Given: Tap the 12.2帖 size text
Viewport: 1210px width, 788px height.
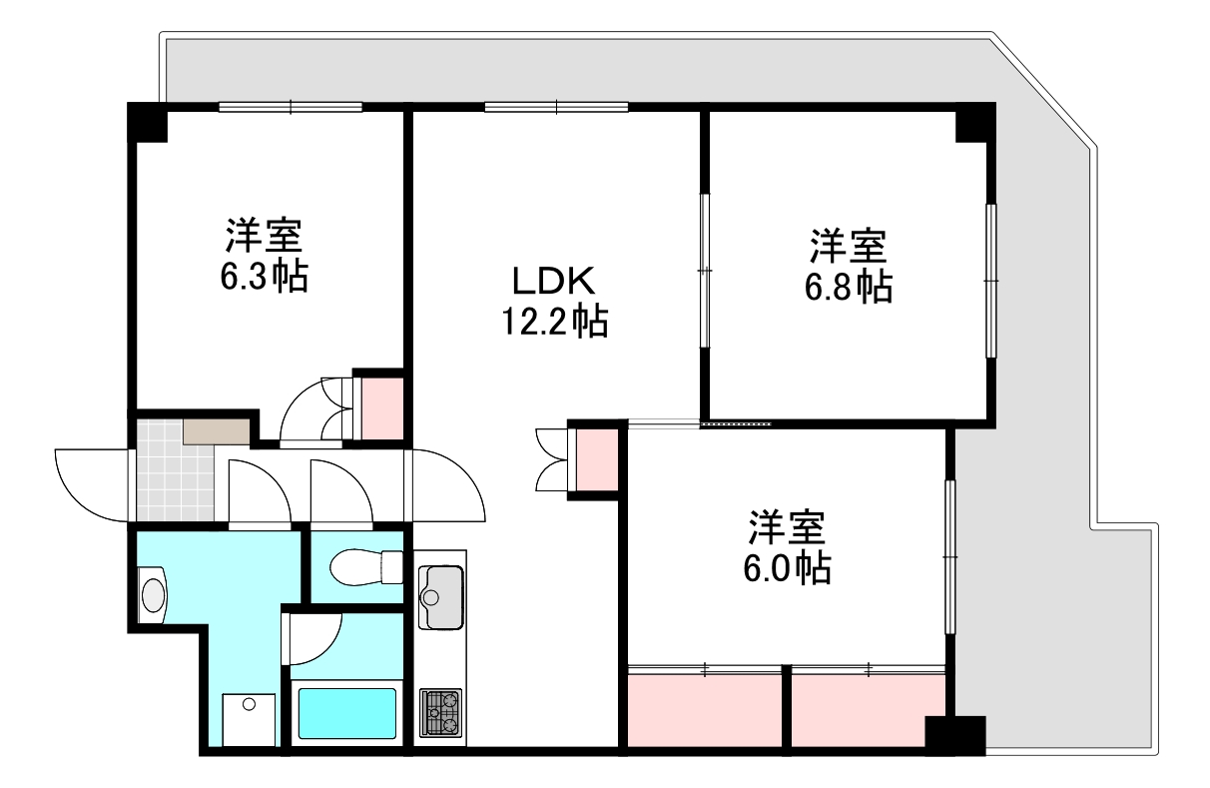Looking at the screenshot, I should [x=554, y=322].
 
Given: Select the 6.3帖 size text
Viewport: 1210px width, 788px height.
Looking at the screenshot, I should [x=264, y=276].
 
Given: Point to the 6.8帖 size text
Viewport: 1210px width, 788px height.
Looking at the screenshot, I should [x=849, y=287].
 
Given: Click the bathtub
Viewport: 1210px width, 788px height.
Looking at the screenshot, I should [x=346, y=713].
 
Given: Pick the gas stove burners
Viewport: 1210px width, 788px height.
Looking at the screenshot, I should [x=440, y=712].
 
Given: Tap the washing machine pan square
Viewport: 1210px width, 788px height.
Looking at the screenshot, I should [x=247, y=720].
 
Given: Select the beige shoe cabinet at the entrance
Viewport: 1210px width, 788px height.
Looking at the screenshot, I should [x=216, y=431].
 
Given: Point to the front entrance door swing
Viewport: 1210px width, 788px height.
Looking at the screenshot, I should [x=90, y=481].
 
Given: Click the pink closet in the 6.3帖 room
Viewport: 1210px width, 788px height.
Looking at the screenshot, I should [x=380, y=406].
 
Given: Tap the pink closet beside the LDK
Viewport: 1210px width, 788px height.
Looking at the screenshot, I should [x=596, y=459].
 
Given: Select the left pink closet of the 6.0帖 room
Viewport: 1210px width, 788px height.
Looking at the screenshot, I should [x=704, y=710].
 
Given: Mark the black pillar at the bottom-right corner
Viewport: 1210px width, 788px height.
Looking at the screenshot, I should [x=954, y=734].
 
